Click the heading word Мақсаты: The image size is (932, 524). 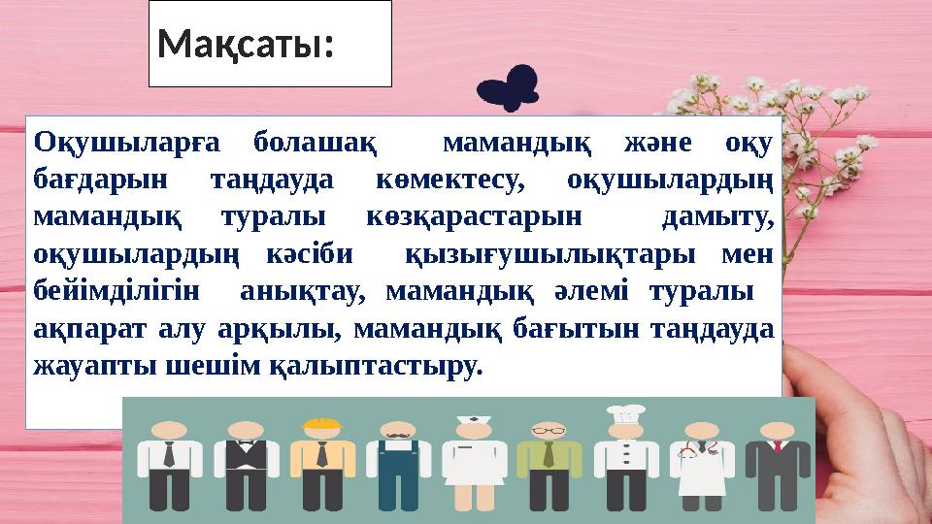tap(246, 43)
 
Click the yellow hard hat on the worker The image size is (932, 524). tap(317, 423)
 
